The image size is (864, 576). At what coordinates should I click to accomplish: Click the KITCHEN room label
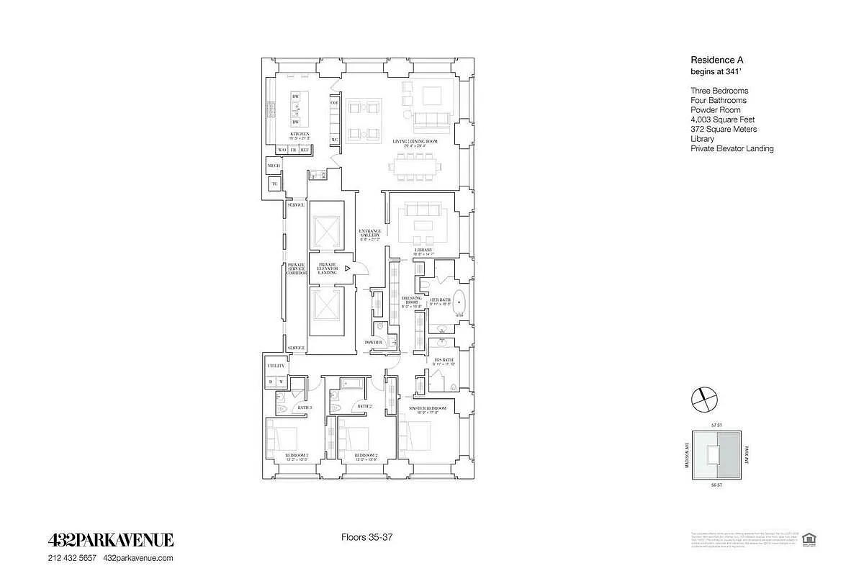300,135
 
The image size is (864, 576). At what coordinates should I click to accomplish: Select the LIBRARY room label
423,250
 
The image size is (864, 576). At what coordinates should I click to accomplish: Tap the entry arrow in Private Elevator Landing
347,268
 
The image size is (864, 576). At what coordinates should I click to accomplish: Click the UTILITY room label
276,366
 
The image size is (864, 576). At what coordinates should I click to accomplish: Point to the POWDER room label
374,343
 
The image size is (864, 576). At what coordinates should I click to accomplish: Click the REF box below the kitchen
305,150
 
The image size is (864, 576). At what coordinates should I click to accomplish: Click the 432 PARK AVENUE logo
110,541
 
